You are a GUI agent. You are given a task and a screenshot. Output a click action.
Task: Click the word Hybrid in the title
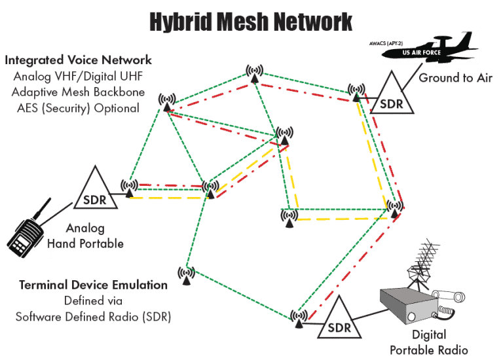(x=181, y=22)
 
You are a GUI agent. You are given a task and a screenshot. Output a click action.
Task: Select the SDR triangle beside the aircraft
(x=392, y=93)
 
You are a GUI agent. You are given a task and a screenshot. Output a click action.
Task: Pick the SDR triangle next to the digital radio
(x=339, y=318)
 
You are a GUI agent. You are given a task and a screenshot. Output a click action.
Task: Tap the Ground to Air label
(x=456, y=78)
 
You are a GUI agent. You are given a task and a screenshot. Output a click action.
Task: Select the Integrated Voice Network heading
(x=78, y=60)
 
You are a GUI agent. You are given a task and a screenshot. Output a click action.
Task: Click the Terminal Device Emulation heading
(x=93, y=285)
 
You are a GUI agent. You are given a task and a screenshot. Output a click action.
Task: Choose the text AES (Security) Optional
(x=78, y=109)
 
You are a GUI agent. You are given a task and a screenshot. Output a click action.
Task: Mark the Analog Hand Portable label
(x=85, y=236)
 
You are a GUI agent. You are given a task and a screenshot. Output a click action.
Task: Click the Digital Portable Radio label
(x=429, y=342)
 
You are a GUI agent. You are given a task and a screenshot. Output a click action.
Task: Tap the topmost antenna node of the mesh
(x=254, y=74)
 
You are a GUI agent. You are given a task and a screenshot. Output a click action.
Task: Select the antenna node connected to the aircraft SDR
(x=356, y=92)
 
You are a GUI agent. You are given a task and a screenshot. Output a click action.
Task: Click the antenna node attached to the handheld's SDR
(x=129, y=188)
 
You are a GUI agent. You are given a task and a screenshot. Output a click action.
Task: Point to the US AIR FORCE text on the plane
(x=422, y=52)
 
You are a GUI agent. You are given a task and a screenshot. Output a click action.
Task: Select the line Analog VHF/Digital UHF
(x=78, y=77)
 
